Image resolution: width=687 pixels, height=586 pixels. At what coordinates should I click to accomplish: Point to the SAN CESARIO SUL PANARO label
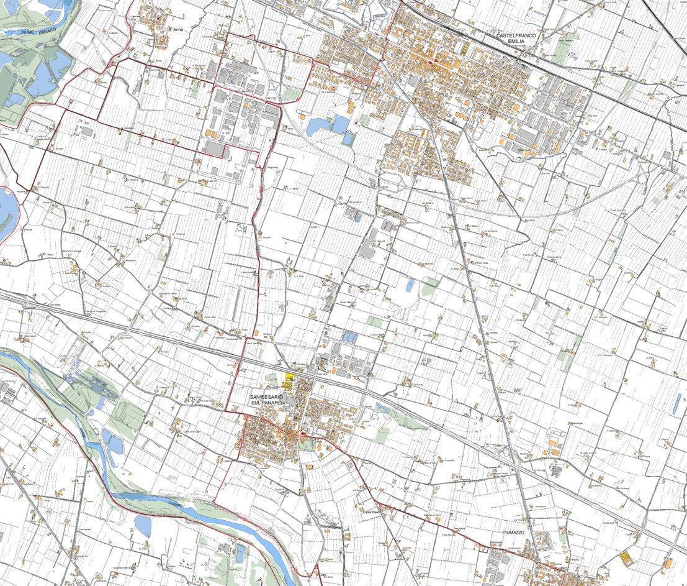click(267, 400)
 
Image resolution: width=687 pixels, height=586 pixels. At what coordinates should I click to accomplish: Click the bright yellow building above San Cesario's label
click(289, 377)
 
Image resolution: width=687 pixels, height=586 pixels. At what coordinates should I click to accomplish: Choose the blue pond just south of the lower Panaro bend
click(143, 526)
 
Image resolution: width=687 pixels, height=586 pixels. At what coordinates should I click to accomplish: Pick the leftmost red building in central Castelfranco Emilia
click(428, 60)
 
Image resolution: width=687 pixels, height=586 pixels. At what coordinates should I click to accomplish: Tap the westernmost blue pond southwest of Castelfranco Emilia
click(317, 127)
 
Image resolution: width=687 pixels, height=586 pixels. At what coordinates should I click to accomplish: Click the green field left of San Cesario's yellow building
click(273, 377)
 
